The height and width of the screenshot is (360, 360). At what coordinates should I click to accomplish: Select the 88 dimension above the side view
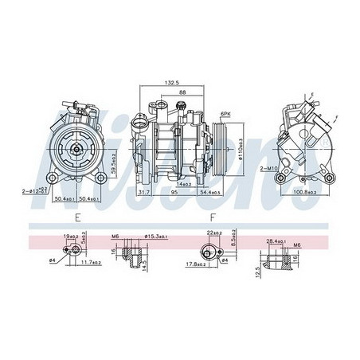(x=182, y=92)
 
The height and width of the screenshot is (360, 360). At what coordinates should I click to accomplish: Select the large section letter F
(x=212, y=217)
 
